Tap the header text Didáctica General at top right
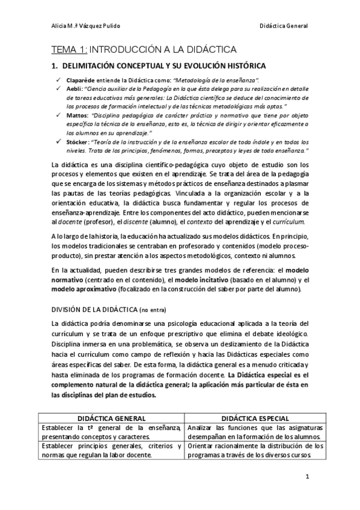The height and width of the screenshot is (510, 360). [x=284, y=26]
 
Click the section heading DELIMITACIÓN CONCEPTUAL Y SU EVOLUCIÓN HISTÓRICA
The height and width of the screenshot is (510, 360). [x=163, y=65]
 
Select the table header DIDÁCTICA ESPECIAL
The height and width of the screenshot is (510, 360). [x=254, y=418]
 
